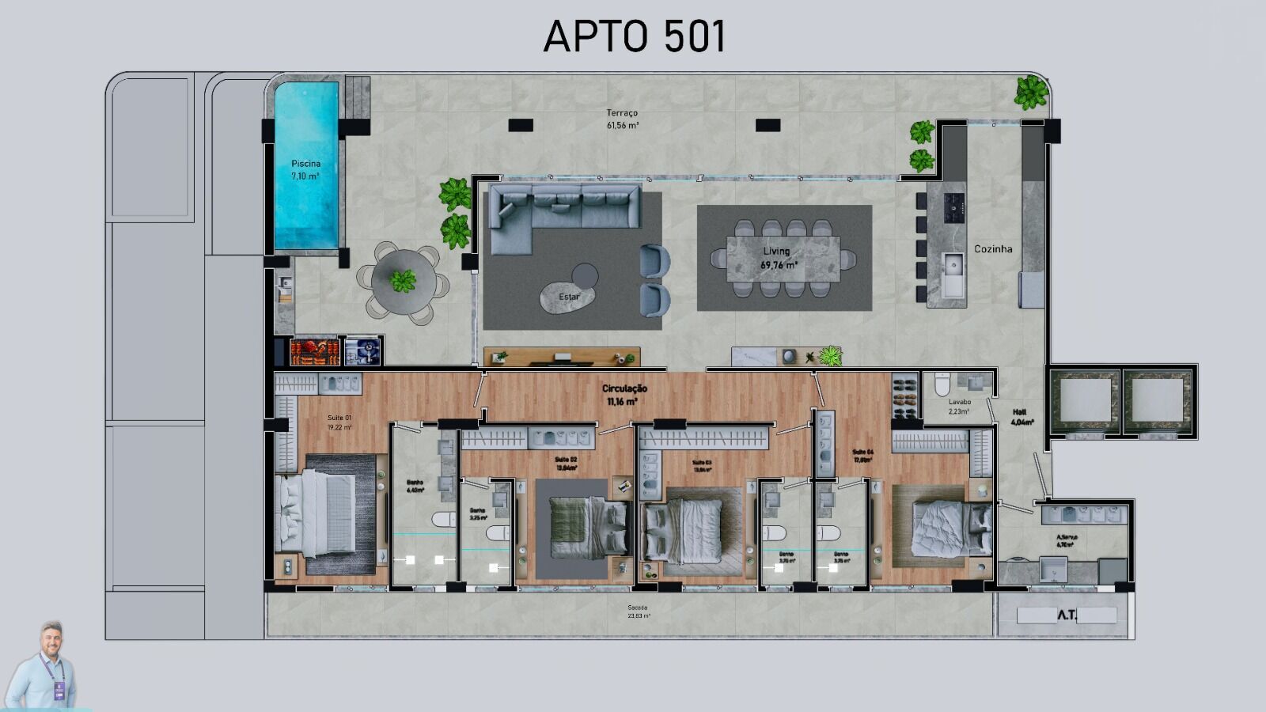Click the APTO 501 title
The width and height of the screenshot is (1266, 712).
point(634,36)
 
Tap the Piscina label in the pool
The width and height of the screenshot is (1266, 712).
point(305,169)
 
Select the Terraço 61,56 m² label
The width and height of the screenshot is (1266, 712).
point(623,119)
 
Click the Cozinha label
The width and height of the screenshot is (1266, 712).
point(993,248)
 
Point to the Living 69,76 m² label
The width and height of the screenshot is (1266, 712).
point(778,258)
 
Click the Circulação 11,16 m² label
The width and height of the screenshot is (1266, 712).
point(624,395)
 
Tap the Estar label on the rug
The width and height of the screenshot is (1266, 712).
point(569,297)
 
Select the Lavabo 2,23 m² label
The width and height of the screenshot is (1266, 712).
point(959,406)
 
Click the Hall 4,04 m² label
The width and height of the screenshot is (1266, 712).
point(1021,417)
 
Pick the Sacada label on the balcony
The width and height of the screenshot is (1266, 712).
point(638,611)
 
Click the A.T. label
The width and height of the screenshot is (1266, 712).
point(1067,615)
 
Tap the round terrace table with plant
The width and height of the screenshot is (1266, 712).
point(404,281)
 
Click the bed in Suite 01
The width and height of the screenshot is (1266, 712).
point(316,514)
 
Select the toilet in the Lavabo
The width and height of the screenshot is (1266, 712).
point(942,385)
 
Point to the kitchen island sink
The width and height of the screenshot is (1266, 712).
point(953,274)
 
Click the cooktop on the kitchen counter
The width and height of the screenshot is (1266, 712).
point(954,206)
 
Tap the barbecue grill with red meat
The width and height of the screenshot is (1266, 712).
point(315,351)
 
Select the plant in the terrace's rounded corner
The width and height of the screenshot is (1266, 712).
point(1031,93)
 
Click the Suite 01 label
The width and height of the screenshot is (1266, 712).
point(339,422)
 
